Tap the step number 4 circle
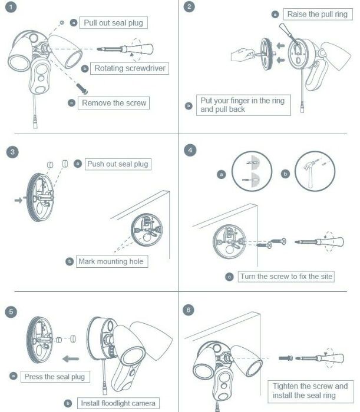click(190, 150)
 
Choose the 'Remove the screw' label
click(114, 103)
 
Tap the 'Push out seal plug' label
click(118, 164)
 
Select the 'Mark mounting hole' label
click(113, 261)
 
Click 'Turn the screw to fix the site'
click(286, 276)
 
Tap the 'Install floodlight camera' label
click(118, 403)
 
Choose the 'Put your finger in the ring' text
click(242, 105)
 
